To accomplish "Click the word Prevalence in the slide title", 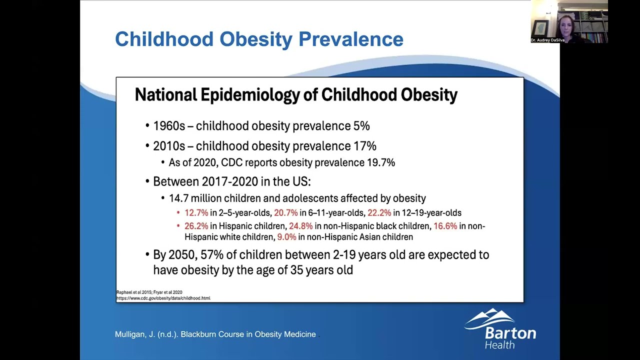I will point(350,39).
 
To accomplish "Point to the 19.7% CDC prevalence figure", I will point(381,162).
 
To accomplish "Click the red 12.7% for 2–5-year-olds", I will point(196,213).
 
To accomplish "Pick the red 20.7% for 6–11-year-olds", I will point(285,213).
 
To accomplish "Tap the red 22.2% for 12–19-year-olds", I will point(379,213).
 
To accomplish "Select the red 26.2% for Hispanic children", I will point(196,226).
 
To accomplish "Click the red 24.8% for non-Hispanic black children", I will point(300,226).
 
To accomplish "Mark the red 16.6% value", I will point(445,226).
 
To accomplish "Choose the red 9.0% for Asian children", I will point(286,237).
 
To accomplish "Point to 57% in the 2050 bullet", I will point(212,255).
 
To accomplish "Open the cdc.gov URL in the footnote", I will point(163,298).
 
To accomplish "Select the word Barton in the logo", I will point(510,333).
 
